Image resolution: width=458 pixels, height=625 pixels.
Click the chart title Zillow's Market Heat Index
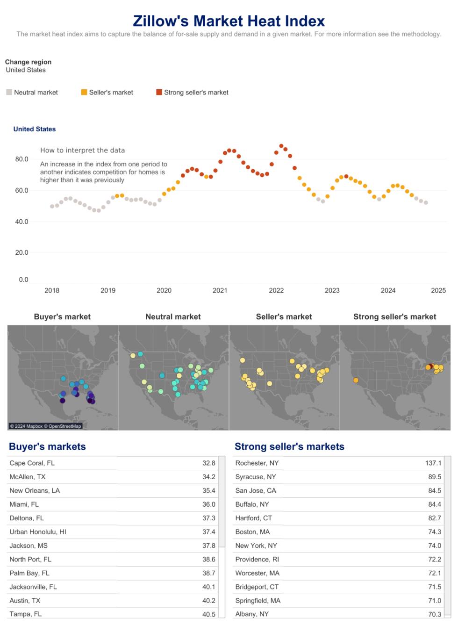[x=229, y=21]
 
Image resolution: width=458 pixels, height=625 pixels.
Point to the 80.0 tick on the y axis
[x=21, y=159]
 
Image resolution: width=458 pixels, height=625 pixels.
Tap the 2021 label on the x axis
[x=220, y=290]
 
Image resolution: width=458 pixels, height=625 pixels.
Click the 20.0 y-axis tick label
[x=21, y=252]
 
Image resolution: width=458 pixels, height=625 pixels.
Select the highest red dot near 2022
[x=281, y=146]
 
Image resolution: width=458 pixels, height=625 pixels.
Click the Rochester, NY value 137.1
[x=433, y=463]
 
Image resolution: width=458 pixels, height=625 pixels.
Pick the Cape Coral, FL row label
[x=32, y=463]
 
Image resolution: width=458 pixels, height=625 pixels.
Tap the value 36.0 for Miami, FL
[x=208, y=504]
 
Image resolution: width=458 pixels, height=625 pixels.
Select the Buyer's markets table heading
[x=47, y=446]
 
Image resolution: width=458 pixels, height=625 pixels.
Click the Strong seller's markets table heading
[x=289, y=446]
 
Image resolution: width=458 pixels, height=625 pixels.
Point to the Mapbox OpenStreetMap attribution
[x=46, y=426]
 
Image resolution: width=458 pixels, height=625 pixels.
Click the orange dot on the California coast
[x=356, y=380]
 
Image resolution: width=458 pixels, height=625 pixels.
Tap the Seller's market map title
[x=284, y=316]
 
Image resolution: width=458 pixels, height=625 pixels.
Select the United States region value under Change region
[x=26, y=70]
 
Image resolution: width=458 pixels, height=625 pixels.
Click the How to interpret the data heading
[x=82, y=151]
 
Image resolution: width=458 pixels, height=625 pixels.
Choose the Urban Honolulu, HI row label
[x=38, y=532]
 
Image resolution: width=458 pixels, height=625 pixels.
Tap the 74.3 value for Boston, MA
[x=434, y=532]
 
